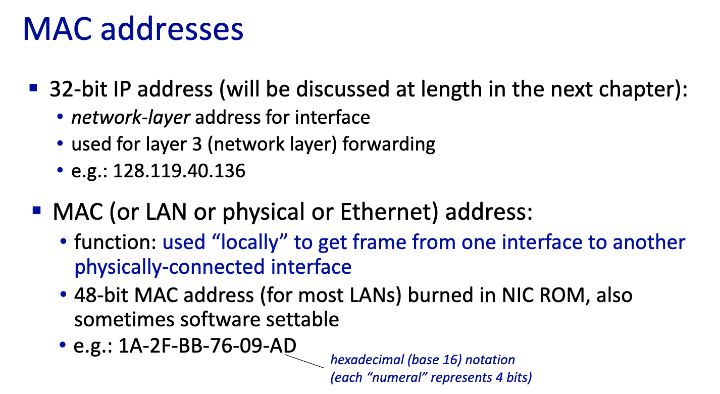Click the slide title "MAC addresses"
pos(133,29)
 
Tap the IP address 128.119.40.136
pos(179,171)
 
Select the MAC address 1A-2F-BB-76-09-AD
pos(208,346)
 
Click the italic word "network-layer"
pos(130,118)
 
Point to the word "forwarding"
pos(389,144)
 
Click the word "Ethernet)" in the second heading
pos(389,212)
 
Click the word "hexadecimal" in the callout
pos(367,360)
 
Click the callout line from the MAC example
pos(304,361)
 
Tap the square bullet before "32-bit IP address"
pos(33,87)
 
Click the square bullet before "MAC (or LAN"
pos(37,210)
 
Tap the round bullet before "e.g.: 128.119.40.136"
pos(60,170)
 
